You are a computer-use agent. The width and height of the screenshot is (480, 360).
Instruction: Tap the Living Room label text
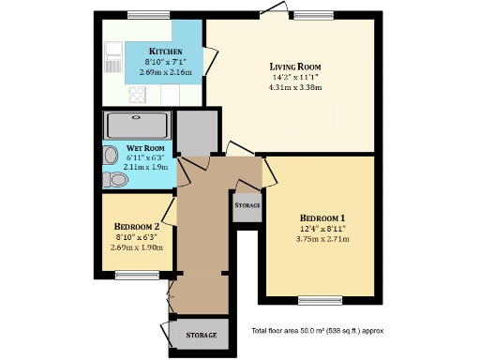pos(295,67)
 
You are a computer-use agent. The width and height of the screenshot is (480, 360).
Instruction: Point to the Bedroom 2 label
pos(137,226)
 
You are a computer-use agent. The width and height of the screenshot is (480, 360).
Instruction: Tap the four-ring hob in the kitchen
pos(137,94)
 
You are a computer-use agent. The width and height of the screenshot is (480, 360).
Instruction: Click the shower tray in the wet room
pos(138,125)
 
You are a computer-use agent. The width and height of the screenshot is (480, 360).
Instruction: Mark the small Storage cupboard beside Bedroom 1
pos(247,204)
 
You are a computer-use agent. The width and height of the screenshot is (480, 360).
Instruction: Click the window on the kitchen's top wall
pos(148,14)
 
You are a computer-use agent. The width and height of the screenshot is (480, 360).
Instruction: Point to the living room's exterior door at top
pos(274,10)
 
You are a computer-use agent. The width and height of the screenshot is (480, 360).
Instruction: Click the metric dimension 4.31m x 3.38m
pos(295,87)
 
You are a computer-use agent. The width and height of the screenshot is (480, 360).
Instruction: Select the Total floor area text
pos(317,331)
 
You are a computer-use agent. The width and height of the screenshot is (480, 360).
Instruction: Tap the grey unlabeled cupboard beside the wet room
pos(197,132)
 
